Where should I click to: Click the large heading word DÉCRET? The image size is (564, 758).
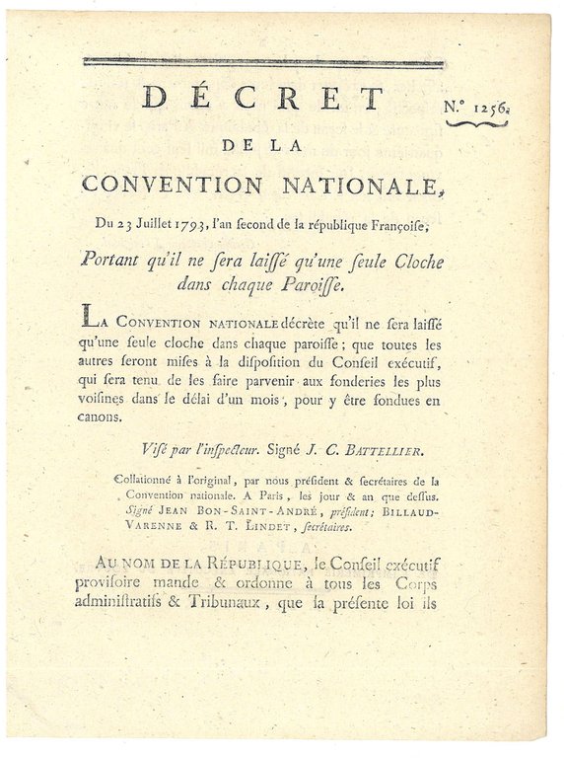click(261, 98)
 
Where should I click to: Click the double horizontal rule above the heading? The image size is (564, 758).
click(262, 63)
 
